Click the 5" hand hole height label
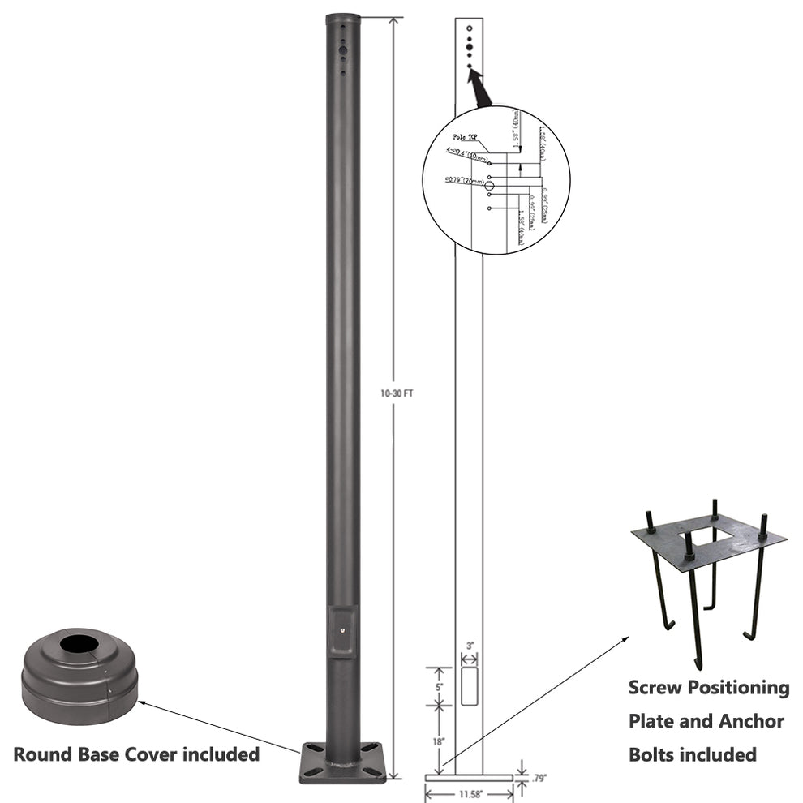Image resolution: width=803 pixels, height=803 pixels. [x=439, y=685]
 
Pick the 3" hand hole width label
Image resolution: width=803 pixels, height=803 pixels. [x=469, y=646]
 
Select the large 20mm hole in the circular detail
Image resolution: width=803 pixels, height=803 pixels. [x=490, y=186]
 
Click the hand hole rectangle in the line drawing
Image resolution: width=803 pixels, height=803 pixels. [x=469, y=685]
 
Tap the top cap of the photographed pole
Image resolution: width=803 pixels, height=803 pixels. [x=343, y=18]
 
